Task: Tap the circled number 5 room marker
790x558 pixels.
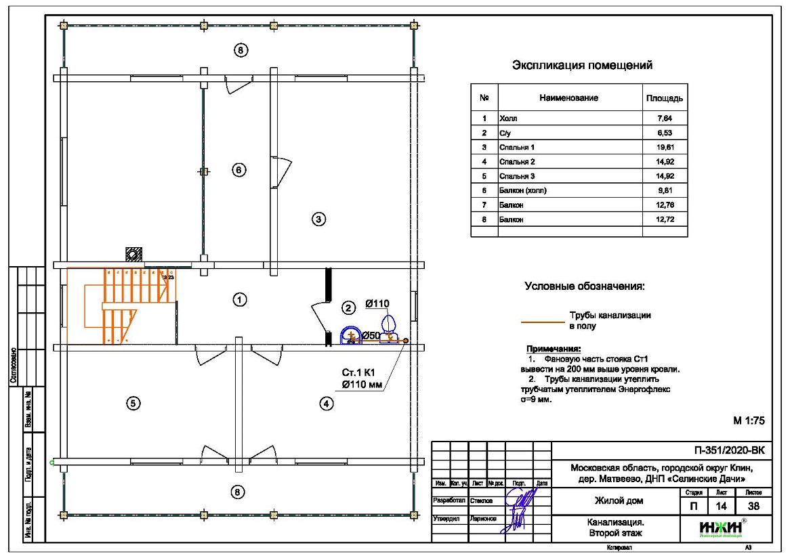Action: coord(133,403)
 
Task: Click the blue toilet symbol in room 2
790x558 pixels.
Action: coord(351,335)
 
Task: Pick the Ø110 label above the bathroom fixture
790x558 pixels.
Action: coord(377,304)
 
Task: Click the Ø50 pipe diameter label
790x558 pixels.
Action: coord(370,335)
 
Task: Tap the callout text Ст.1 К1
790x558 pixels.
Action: coord(358,373)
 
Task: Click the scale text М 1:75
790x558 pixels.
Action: coord(749,421)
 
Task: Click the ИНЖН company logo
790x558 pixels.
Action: coord(720,526)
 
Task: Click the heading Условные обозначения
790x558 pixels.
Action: coord(585,286)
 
